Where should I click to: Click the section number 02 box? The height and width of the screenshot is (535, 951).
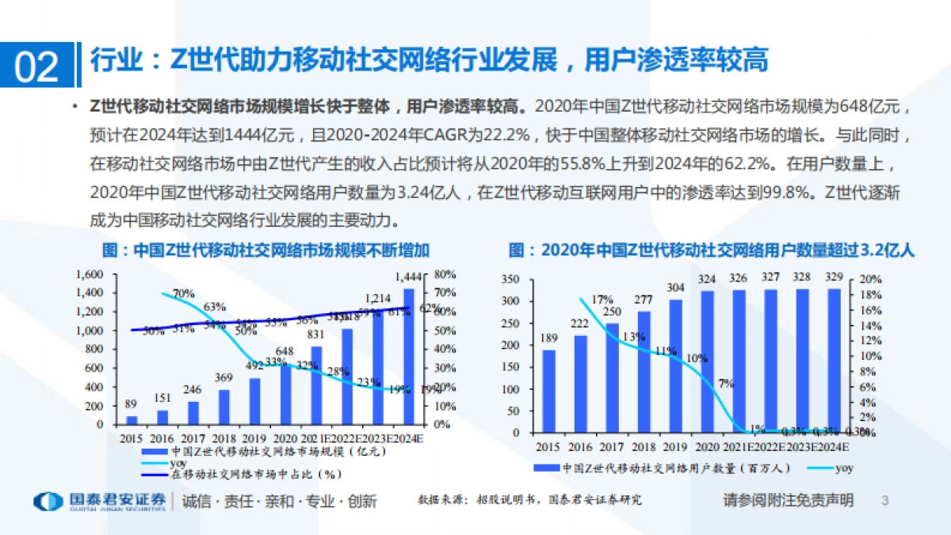(x=37, y=65)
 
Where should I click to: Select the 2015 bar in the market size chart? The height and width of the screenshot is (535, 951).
(x=132, y=419)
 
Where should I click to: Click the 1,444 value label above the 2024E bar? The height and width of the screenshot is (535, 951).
(x=407, y=277)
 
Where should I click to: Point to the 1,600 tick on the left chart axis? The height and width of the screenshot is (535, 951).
(x=90, y=274)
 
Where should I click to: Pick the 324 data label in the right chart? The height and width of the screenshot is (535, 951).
(x=706, y=280)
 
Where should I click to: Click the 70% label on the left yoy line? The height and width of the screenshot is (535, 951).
(x=183, y=293)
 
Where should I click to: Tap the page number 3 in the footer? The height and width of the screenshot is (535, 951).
(x=885, y=501)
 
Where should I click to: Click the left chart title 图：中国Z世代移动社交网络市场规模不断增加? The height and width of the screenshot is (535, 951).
(x=266, y=251)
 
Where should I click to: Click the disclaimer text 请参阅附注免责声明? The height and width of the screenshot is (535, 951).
(x=788, y=501)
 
